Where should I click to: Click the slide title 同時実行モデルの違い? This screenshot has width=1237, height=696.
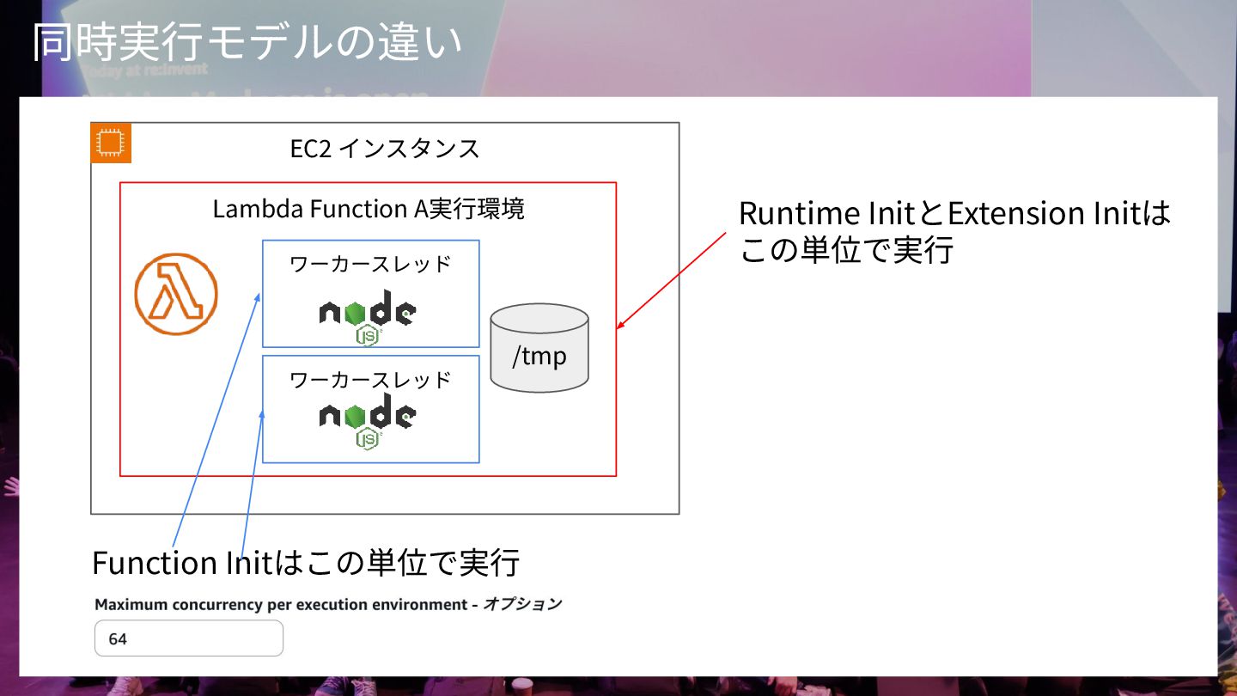[247, 44]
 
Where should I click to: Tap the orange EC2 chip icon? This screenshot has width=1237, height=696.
[111, 143]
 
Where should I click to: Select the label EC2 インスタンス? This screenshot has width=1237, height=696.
[384, 149]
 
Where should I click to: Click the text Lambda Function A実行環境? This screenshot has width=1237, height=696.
[369, 209]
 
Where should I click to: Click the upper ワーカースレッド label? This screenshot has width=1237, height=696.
[370, 264]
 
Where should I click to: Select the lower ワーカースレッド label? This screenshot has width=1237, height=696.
[370, 380]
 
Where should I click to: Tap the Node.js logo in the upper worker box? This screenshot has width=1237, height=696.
[369, 316]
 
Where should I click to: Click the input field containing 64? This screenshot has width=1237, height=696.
[188, 638]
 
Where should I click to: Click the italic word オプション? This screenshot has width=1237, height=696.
[522, 604]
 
